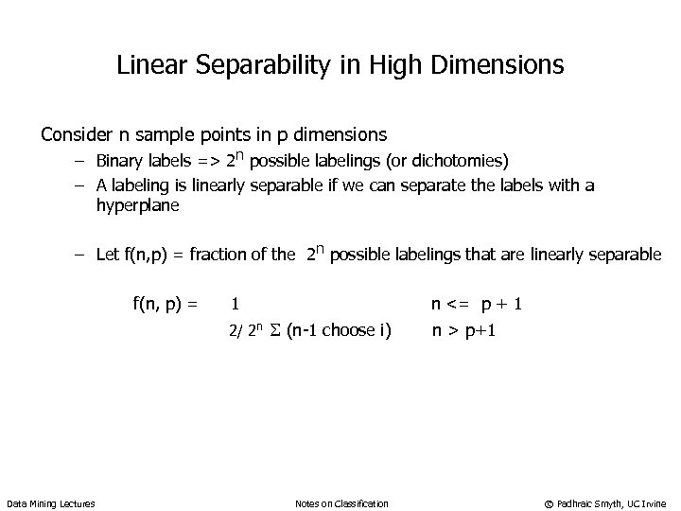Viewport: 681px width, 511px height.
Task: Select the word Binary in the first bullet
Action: pos(120,159)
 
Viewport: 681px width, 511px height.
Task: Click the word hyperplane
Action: pos(137,204)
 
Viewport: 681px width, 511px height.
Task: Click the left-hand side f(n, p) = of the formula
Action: pos(166,304)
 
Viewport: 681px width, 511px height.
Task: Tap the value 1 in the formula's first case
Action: pos(234,304)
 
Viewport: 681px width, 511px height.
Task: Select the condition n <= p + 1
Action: pos(477,304)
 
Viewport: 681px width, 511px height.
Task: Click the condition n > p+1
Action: pos(464,330)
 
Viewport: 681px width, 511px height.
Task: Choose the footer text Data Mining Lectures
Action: pos(51,502)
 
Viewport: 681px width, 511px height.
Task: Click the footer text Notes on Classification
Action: pos(340,502)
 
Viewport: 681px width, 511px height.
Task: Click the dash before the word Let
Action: pos(83,254)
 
